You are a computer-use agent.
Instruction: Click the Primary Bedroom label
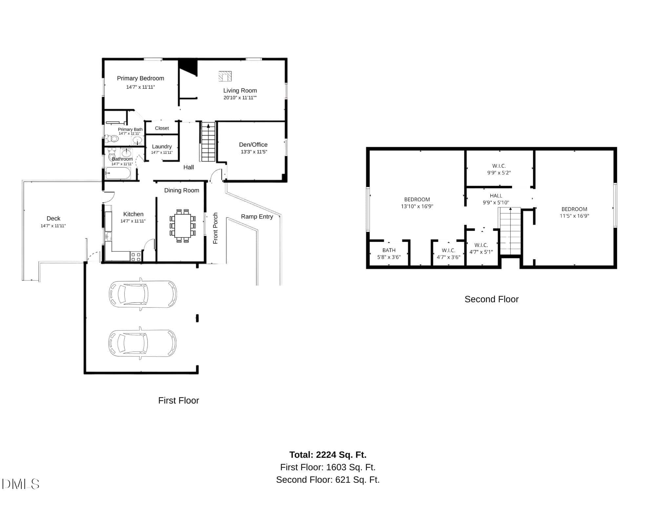point(140,78)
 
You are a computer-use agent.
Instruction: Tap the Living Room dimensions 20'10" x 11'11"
point(240,98)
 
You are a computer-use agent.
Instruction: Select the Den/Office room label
point(253,145)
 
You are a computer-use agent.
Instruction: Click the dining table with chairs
point(183,226)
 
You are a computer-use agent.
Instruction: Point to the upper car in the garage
point(143,294)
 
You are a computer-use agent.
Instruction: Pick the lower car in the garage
point(142,343)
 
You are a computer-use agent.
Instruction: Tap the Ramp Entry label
point(257,217)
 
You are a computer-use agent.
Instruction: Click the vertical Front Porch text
point(215,228)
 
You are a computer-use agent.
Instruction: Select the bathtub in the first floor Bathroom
point(118,173)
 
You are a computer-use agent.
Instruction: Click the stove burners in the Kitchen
point(136,257)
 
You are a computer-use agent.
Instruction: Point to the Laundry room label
point(162,147)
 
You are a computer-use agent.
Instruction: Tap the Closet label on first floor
point(162,128)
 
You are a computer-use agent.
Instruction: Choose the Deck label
point(53,219)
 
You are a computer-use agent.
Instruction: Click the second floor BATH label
point(389,250)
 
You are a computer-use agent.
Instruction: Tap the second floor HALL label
point(496,196)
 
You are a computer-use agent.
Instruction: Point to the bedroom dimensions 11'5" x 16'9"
point(574,216)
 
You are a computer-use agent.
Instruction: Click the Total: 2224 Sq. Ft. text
point(328,455)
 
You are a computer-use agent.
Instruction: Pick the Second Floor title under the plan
point(491,299)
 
